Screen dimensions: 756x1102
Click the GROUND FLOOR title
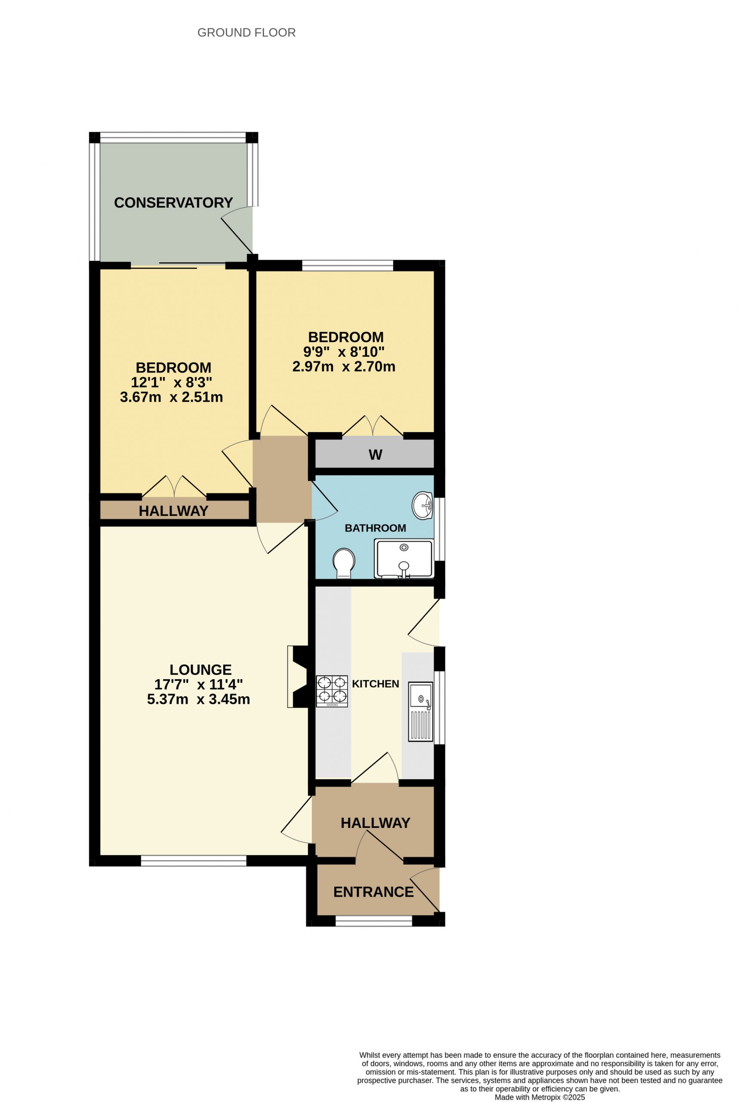click(247, 33)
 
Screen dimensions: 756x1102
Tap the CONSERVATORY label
click(173, 202)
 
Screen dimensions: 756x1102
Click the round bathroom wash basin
click(422, 506)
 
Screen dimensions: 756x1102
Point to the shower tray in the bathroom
click(404, 559)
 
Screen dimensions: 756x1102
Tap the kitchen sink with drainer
click(421, 712)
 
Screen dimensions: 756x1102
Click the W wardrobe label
click(375, 455)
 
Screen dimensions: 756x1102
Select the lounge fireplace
click(298, 677)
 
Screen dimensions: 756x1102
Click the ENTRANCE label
click(373, 892)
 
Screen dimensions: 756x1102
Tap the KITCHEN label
click(375, 684)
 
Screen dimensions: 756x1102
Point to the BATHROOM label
click(375, 528)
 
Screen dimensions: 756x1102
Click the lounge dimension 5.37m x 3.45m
click(199, 699)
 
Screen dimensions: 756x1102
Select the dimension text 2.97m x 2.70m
click(344, 366)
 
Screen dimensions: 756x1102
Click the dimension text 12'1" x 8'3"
click(172, 382)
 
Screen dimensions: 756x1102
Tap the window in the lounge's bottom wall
click(194, 860)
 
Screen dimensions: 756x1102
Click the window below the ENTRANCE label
click(374, 921)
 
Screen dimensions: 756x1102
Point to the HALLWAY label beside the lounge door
click(375, 823)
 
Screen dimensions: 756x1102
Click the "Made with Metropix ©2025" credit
click(540, 1097)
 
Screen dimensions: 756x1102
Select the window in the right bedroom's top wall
click(348, 266)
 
